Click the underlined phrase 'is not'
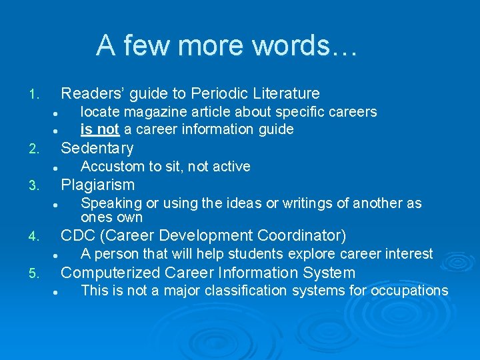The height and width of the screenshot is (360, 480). (x=99, y=129)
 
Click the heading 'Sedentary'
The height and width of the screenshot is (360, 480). (x=97, y=148)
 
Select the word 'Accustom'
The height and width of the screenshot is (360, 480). (x=109, y=166)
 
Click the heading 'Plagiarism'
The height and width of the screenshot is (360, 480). (x=98, y=185)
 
